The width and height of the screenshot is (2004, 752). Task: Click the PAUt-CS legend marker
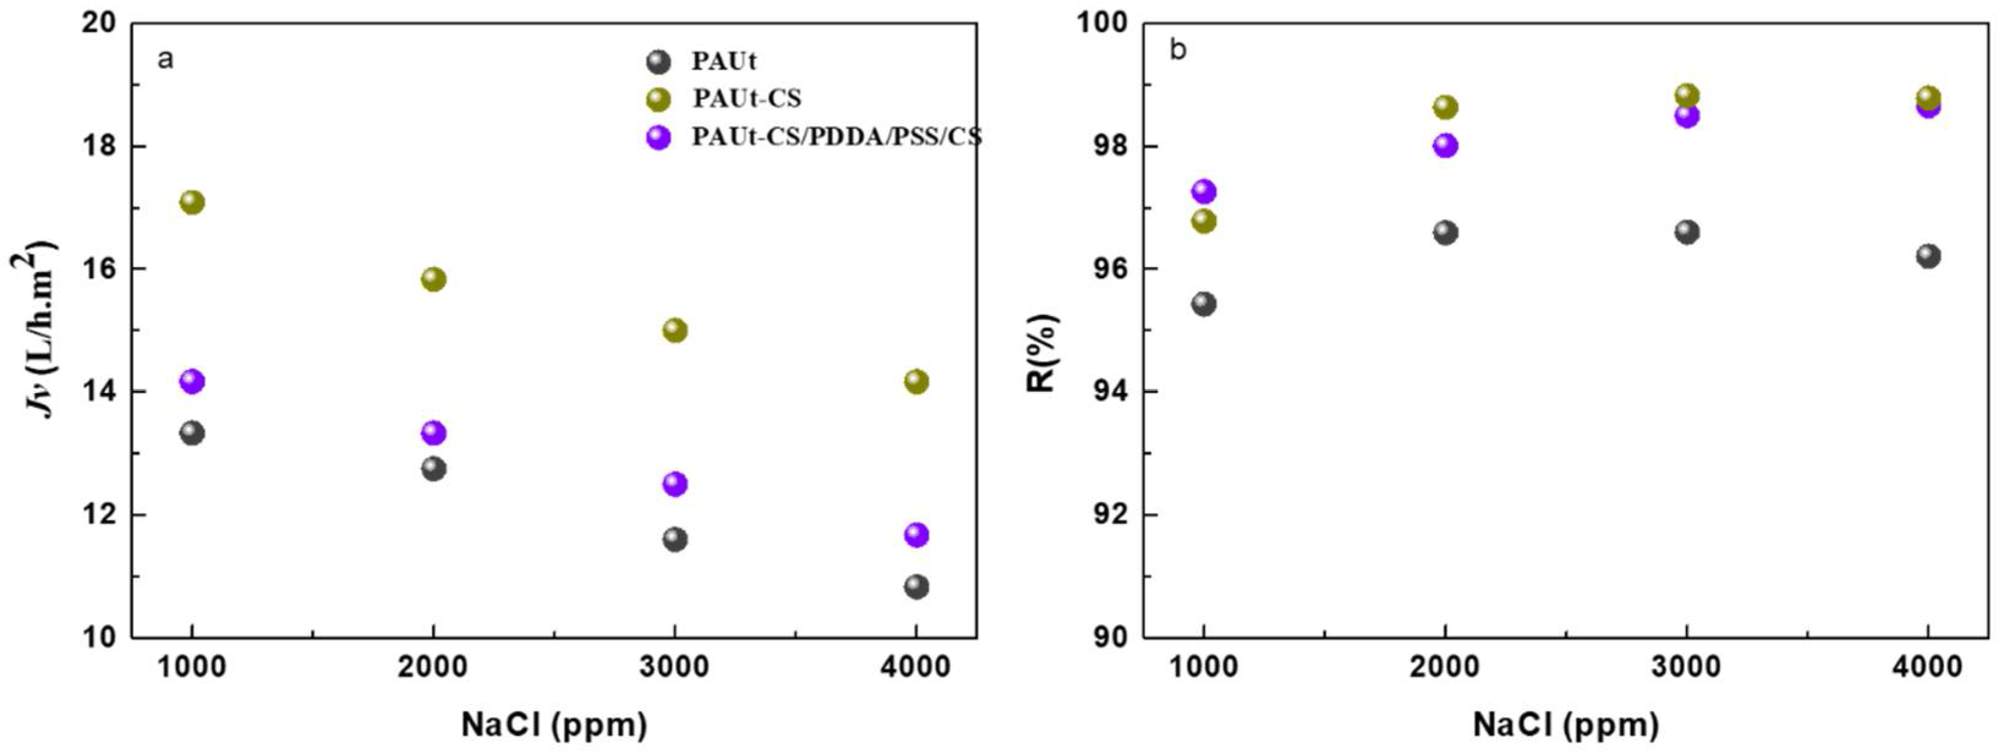pos(659,100)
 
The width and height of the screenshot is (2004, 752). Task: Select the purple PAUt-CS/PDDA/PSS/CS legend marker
pos(659,138)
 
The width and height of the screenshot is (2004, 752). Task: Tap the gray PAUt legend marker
pos(659,61)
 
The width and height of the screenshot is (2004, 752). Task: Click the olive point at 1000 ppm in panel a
pos(191,202)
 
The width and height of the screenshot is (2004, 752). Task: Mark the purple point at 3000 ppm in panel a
pos(675,484)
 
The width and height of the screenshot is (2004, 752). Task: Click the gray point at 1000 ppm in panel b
pos(1204,303)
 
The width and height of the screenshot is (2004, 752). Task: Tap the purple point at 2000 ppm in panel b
pos(1446,146)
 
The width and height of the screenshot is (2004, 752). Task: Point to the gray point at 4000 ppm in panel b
pos(1928,256)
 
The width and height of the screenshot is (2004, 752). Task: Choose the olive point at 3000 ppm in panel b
pos(1687,95)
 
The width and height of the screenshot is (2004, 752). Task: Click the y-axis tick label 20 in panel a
pos(99,23)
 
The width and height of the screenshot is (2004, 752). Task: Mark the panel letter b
pos(1178,51)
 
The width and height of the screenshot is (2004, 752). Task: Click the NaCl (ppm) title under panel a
pos(554,724)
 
